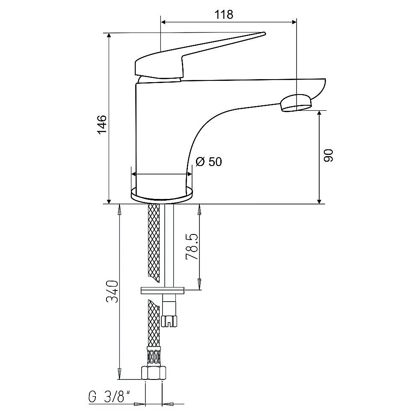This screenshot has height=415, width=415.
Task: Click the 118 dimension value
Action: coord(224,15)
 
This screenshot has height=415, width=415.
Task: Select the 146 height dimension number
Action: coord(102,124)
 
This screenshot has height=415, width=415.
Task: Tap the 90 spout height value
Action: coord(329,155)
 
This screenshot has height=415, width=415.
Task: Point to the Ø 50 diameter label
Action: coord(209,161)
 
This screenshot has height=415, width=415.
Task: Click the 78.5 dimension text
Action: coord(192,247)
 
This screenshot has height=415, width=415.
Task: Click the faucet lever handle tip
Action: coord(264,34)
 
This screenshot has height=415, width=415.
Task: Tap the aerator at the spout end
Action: coord(296,103)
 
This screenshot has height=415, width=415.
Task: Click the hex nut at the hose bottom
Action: coord(153,373)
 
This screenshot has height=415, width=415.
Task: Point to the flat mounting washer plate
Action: coord(163,290)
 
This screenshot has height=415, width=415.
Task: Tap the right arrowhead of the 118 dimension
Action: coord(293,22)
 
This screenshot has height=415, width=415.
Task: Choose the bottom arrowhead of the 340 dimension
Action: coord(119,374)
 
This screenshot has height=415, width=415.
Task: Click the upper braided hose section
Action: coord(154,243)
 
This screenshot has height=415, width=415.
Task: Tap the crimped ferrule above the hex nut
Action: coord(154,356)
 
